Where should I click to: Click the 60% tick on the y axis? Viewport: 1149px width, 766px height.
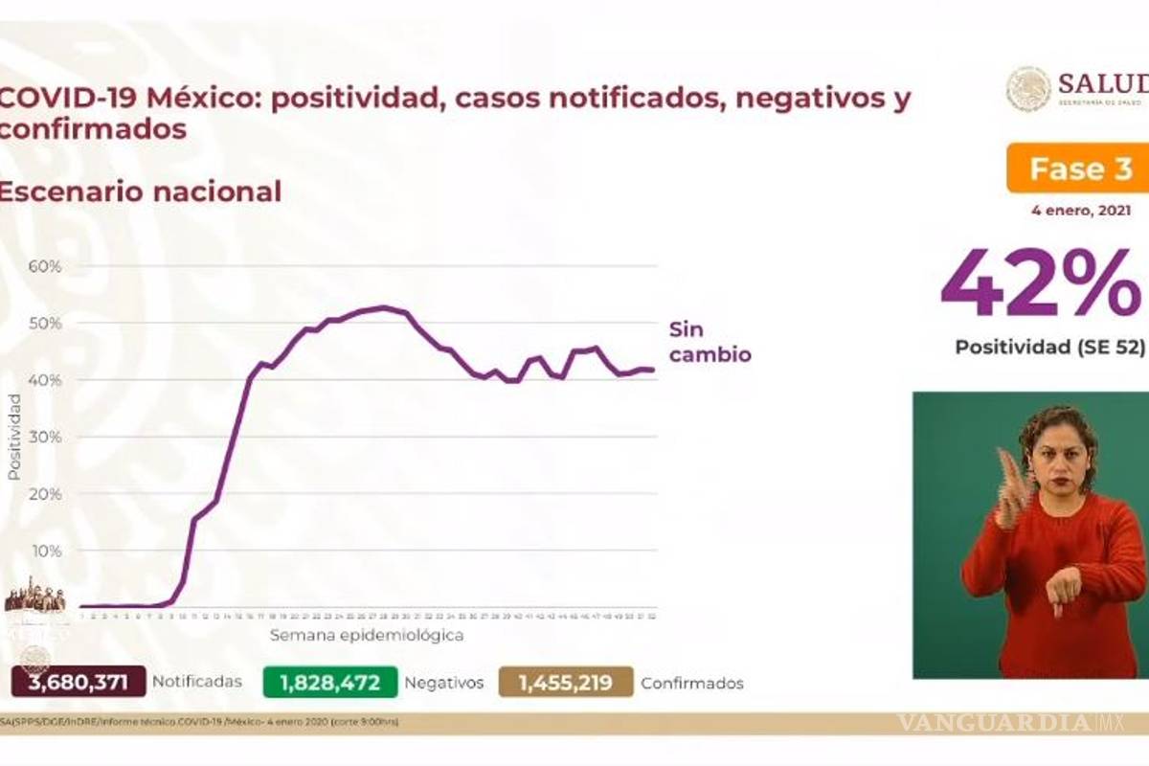(x=45, y=265)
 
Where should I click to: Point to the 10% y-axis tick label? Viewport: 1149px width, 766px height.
(x=45, y=551)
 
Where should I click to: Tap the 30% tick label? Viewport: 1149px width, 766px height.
(x=45, y=437)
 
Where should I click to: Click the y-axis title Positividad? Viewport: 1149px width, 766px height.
(x=14, y=437)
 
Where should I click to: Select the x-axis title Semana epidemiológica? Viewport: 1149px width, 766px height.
(x=367, y=635)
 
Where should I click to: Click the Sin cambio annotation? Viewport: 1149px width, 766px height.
(x=709, y=342)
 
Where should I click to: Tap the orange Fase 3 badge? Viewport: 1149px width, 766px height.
(x=1079, y=169)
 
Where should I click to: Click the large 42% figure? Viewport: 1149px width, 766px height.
(x=1041, y=283)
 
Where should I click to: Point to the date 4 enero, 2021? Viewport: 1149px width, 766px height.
(x=1081, y=211)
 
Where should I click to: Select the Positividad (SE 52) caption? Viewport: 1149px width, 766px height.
(x=1049, y=347)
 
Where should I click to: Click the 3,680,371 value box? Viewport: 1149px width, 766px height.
(x=79, y=682)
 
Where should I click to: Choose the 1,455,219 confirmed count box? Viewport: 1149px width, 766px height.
(x=566, y=682)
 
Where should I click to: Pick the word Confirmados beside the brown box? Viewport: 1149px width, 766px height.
(x=692, y=683)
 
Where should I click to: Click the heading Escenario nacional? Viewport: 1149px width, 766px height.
(x=140, y=191)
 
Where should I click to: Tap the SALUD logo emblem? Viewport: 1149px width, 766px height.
(x=1028, y=88)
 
